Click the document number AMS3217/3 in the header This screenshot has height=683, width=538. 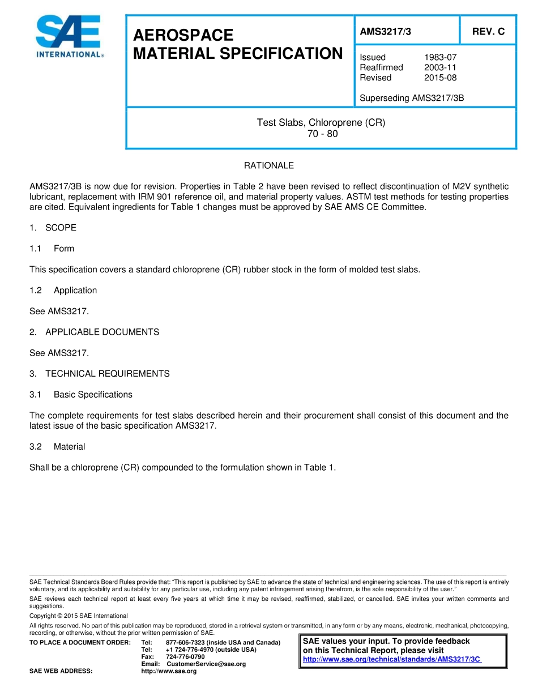[x=386, y=32]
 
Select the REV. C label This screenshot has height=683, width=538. [x=488, y=32]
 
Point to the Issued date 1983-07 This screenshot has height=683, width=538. [x=440, y=57]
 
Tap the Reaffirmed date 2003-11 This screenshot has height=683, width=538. [x=440, y=67]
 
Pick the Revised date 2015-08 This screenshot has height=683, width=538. [x=440, y=78]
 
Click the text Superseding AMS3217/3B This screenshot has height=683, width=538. [x=412, y=98]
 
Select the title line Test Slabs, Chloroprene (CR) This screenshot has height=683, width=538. [x=321, y=122]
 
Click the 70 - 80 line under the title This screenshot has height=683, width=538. [x=321, y=134]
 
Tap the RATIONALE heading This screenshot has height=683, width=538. [x=269, y=165]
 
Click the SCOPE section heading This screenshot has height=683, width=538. [x=61, y=228]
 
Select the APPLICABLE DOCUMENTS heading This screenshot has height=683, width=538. [x=102, y=332]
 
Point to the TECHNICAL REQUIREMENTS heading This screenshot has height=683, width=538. [x=107, y=374]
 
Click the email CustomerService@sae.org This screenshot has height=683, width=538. [x=206, y=664]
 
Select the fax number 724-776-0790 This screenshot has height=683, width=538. [x=185, y=656]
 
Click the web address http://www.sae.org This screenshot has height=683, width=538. [x=169, y=671]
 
